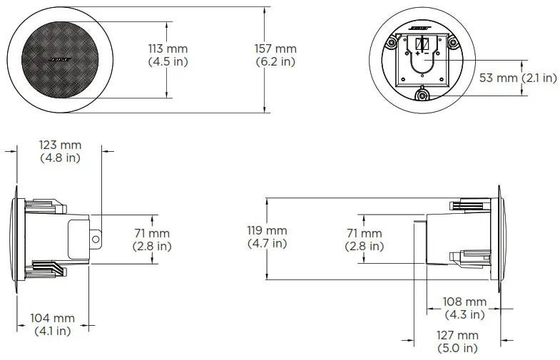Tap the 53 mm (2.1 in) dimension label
pyautogui.click(x=517, y=78)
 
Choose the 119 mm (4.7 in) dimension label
pyautogui.click(x=267, y=237)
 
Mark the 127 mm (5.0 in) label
pyautogui.click(x=457, y=341)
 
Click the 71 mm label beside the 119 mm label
pyautogui.click(x=363, y=240)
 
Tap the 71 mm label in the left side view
pyautogui.click(x=152, y=240)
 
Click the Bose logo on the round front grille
pyautogui.click(x=60, y=58)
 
